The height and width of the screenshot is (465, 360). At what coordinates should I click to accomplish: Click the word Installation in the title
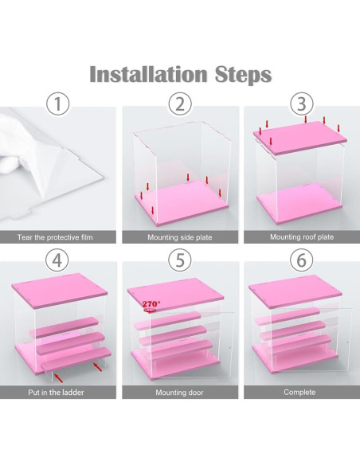point(148,74)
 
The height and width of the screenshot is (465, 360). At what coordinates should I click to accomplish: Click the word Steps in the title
point(243,75)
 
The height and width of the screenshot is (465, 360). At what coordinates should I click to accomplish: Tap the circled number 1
point(58,104)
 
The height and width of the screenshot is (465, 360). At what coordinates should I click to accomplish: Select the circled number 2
point(180,104)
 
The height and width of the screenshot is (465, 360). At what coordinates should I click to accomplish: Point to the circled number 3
point(302,104)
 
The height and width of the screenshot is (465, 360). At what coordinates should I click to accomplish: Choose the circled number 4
point(57,260)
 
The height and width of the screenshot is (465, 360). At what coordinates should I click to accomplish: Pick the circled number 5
point(180,260)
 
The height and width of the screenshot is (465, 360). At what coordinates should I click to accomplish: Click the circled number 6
point(301,260)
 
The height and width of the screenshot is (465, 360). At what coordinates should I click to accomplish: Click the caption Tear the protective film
point(55,237)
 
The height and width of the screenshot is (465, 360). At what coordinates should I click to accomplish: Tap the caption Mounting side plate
point(180,237)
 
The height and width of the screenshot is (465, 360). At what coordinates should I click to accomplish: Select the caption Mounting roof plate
point(302,237)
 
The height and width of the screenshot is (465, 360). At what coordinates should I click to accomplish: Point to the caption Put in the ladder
point(56,393)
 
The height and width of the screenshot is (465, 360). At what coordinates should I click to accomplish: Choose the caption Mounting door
point(179,393)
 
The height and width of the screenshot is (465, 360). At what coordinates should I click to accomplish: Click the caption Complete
point(299,392)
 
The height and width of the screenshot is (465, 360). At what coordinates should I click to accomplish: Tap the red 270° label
point(151,304)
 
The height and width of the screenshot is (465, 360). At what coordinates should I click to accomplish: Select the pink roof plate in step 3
point(300,138)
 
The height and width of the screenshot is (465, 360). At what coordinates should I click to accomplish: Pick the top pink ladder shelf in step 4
point(64,326)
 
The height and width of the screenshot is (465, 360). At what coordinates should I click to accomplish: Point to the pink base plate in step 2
point(182,201)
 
